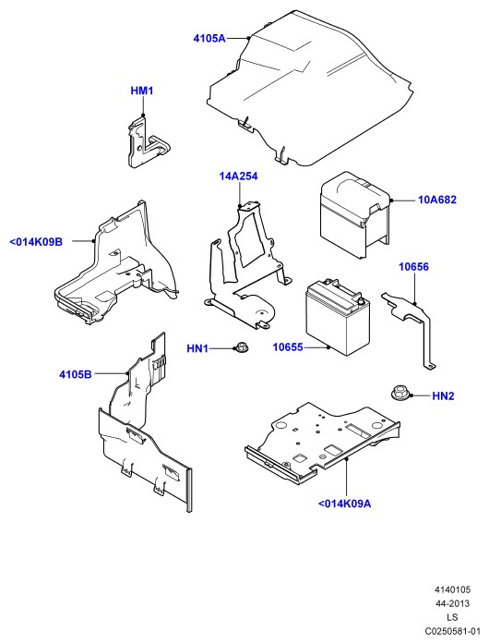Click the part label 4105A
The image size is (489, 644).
click(209, 39)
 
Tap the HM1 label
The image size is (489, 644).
click(142, 91)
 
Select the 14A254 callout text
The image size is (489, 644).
click(238, 176)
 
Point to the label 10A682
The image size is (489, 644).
click(437, 200)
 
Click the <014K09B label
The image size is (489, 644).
click(36, 242)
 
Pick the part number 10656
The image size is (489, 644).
click(414, 267)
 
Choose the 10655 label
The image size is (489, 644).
click(288, 347)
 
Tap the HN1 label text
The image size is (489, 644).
click(197, 348)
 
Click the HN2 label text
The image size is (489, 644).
click(444, 396)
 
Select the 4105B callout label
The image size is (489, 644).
click(76, 374)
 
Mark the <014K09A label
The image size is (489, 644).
click(344, 504)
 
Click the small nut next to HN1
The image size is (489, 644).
click(239, 346)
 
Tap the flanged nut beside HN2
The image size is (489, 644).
click(398, 393)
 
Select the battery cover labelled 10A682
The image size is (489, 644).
click(354, 215)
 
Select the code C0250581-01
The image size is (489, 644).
click(452, 631)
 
